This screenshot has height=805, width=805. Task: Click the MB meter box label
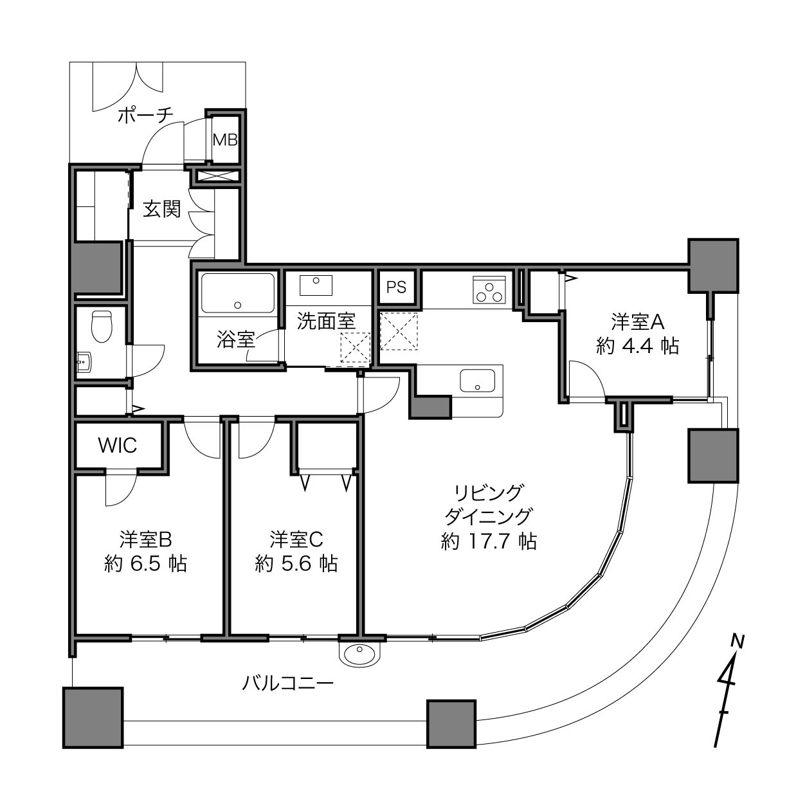(x=225, y=140)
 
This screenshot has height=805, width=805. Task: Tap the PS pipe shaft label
(x=396, y=287)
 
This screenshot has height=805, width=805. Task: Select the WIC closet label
(x=118, y=446)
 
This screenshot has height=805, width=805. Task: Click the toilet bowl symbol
(x=102, y=326)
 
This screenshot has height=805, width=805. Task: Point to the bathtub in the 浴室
(x=238, y=293)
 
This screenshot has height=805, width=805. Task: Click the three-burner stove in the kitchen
(x=489, y=289)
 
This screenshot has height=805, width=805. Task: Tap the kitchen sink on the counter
(x=477, y=381)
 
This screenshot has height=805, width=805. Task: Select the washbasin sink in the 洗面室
(x=316, y=285)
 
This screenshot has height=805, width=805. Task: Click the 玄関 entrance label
(x=161, y=209)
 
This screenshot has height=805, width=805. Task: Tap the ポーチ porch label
(x=145, y=115)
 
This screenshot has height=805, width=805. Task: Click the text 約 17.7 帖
(x=489, y=541)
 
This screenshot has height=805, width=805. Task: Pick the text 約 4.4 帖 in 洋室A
(x=637, y=346)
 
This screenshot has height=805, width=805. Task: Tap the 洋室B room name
(x=145, y=539)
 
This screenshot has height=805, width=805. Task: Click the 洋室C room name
(x=296, y=539)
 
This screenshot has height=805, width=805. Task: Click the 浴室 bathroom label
(x=235, y=339)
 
